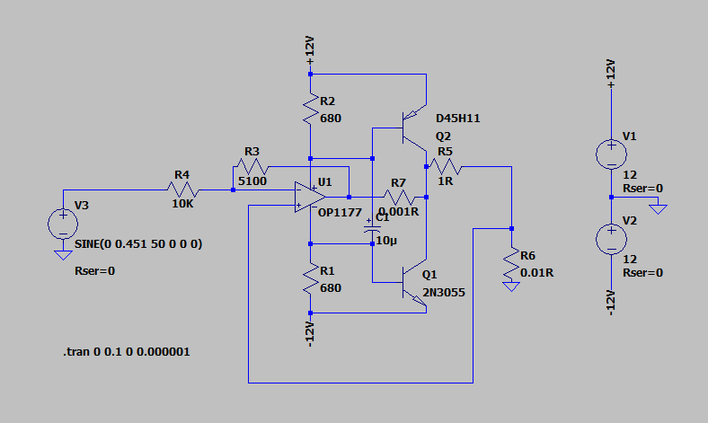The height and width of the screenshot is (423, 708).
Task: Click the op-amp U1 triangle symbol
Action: coord(310,198)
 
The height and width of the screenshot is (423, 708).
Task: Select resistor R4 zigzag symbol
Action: coord(183,189)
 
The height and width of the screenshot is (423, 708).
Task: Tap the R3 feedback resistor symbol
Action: coord(252,166)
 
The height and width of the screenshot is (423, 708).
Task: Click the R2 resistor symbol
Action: coord(310,109)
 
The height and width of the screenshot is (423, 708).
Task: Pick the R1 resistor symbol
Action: coord(310,278)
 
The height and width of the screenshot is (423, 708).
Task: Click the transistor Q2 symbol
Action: coord(414,128)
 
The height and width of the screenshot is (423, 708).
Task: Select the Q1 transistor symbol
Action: coord(414,284)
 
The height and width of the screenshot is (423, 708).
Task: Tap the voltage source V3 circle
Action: coord(63,224)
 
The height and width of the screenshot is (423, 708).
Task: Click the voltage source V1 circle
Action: coord(611,154)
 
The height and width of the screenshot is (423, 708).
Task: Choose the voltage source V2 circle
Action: coord(611,239)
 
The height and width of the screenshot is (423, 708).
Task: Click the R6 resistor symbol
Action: coord(511,264)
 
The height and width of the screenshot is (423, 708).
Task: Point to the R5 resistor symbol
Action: coord(446,166)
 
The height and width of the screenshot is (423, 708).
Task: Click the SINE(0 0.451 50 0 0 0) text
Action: coord(138,244)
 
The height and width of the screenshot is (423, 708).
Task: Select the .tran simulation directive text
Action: coord(127,352)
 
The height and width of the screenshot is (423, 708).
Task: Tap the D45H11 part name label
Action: coord(458,119)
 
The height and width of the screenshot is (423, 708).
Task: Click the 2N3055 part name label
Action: coord(444,293)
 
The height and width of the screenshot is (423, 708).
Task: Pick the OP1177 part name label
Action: coord(340,212)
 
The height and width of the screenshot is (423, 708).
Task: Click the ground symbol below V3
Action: coord(63,255)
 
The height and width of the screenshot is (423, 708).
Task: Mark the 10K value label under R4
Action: coord(182,204)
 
